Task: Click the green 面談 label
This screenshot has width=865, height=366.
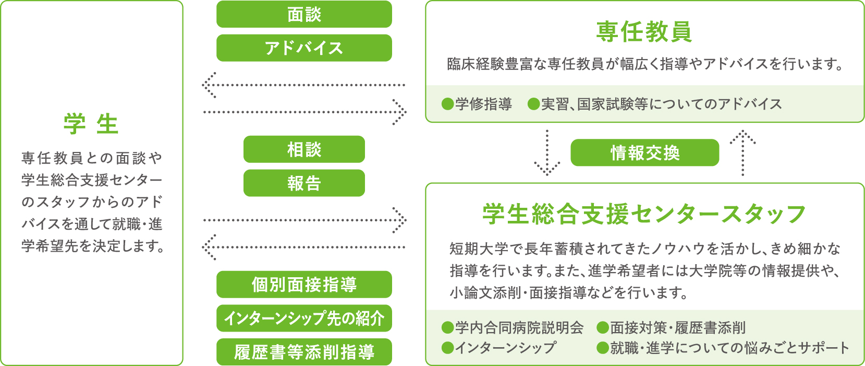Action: tap(304, 14)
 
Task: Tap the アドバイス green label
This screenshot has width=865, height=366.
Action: tap(304, 48)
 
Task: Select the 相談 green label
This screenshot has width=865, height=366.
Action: tap(304, 149)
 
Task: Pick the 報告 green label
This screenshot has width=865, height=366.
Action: tap(304, 183)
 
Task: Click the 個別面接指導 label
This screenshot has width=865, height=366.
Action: tap(304, 285)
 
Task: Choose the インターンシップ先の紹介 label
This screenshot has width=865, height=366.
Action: tap(304, 318)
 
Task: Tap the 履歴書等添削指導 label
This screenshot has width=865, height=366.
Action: tap(304, 352)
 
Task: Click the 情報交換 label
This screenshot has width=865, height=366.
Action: tap(645, 153)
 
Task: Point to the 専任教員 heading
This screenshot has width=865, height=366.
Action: tap(644, 32)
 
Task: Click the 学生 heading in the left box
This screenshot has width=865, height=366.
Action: tap(91, 124)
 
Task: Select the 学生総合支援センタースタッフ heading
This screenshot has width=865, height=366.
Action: tap(644, 214)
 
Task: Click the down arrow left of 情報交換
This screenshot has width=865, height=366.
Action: tap(547, 153)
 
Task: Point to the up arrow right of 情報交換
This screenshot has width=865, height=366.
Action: tap(742, 153)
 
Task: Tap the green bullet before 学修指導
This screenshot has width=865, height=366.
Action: tap(447, 104)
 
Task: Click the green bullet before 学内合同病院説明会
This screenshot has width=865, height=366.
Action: tap(447, 328)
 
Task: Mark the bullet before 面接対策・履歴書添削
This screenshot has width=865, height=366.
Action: tap(602, 328)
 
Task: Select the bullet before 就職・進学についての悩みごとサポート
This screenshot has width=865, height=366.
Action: tap(602, 348)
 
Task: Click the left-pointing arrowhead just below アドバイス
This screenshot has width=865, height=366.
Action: tap(209, 85)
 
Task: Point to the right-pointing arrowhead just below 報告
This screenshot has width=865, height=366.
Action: tap(400, 220)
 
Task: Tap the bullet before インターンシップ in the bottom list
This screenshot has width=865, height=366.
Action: tap(447, 348)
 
